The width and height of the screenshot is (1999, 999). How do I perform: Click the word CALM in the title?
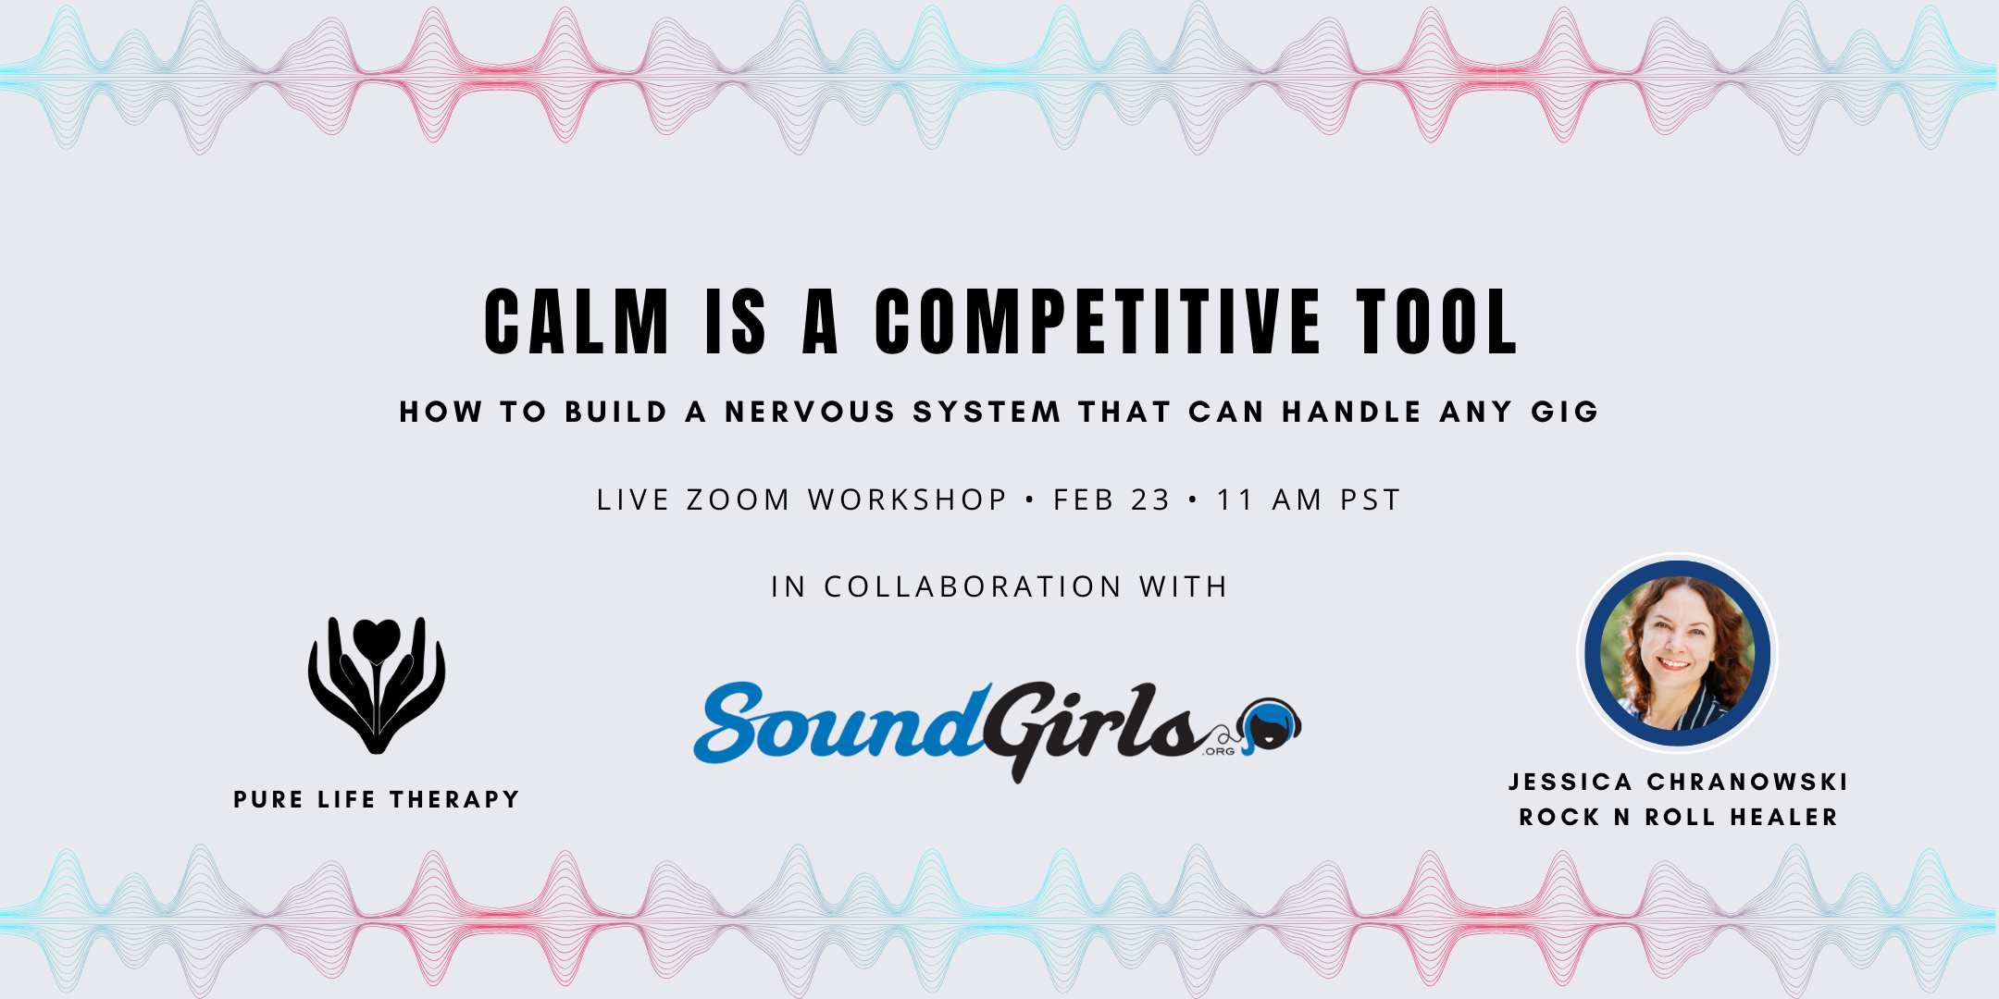[x=576, y=322]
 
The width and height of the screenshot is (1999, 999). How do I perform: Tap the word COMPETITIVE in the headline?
[x=1098, y=322]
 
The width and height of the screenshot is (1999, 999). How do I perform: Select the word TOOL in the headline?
[x=1436, y=322]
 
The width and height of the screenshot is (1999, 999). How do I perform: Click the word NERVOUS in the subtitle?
[x=810, y=412]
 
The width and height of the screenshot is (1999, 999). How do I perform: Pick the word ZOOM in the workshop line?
[x=738, y=499]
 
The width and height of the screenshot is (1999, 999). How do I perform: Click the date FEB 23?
[x=1111, y=499]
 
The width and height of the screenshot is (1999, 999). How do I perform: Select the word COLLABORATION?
[x=973, y=586]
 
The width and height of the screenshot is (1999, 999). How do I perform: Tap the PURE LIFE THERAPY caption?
[x=377, y=799]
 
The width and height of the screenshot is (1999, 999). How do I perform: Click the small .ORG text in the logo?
[x=1219, y=751]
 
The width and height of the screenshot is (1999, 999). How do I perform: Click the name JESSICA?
[x=1571, y=783]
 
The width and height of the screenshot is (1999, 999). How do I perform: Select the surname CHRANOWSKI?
[x=1747, y=783]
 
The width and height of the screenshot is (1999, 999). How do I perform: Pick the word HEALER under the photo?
[x=1784, y=818]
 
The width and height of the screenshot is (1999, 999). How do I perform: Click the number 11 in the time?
[x=1235, y=499]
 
